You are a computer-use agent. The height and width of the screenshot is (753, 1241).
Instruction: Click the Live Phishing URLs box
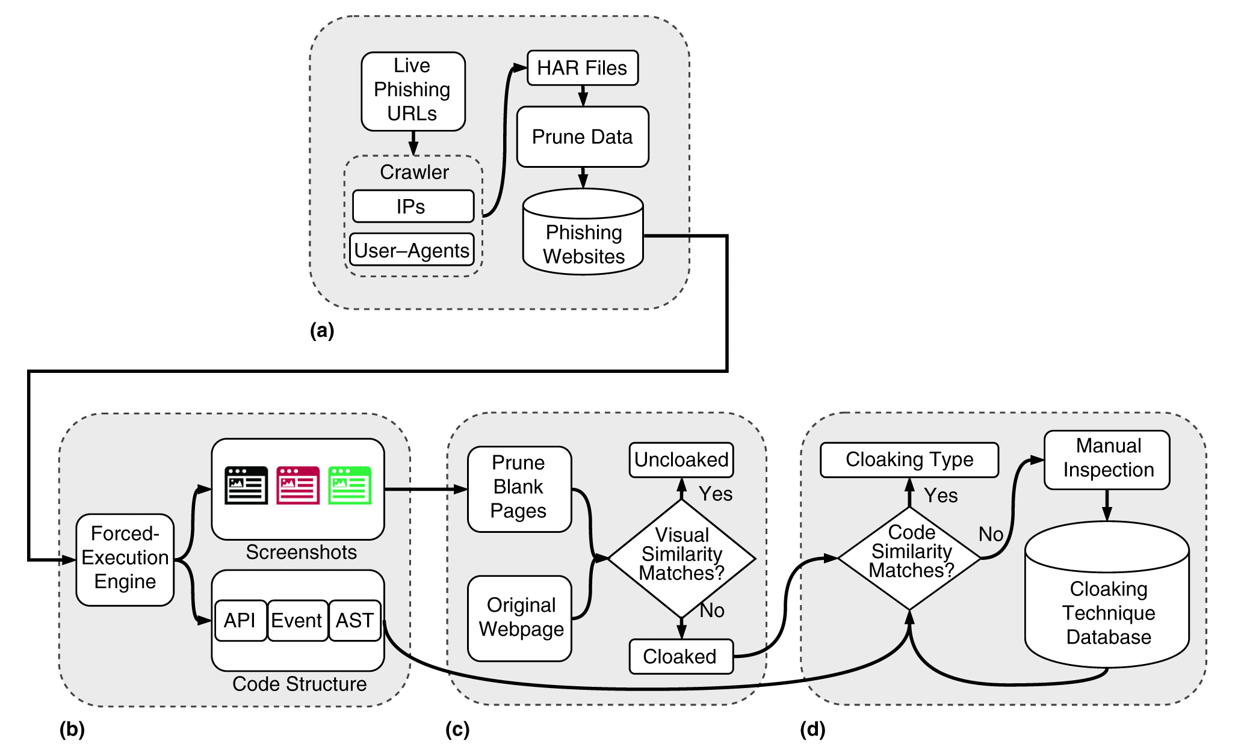coord(413,91)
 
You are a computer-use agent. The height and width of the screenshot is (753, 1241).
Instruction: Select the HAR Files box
coord(582,68)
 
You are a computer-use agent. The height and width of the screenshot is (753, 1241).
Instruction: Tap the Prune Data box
coord(582,137)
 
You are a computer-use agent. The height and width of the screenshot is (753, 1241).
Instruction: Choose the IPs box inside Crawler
coord(413,206)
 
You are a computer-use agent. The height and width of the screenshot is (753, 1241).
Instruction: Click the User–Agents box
coord(412,250)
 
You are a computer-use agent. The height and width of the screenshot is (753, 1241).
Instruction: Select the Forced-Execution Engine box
coord(125,559)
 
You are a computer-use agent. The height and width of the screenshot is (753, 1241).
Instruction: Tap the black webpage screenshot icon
coord(246,485)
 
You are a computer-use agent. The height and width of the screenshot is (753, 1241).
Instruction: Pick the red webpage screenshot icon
coord(298,485)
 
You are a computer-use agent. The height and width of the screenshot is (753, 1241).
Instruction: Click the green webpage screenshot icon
coord(350,485)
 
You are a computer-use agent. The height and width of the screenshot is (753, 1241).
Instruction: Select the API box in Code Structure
coord(240,620)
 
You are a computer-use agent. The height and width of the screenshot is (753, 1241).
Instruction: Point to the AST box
coord(354,620)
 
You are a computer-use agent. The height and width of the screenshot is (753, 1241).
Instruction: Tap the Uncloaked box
coord(681,460)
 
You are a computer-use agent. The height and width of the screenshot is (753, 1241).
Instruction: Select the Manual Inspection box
coord(1107,459)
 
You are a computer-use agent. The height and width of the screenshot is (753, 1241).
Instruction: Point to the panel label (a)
coord(322,330)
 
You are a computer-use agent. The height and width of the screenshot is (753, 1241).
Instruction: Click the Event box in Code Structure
coord(297,620)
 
